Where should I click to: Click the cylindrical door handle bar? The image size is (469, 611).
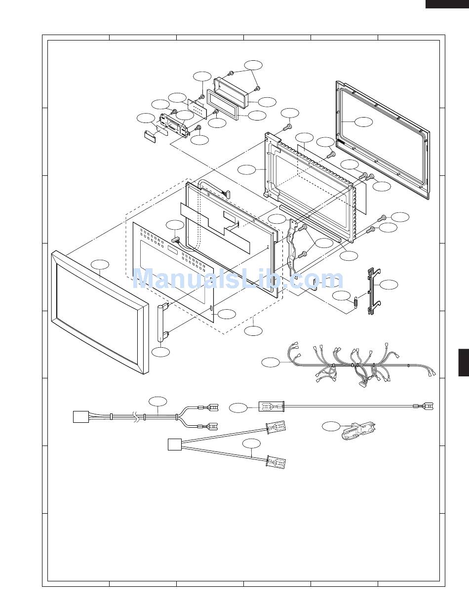[160, 324]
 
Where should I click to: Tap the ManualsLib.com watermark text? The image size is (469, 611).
[238, 279]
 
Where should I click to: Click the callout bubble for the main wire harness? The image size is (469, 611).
[271, 363]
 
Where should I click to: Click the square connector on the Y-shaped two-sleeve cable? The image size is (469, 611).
[174, 445]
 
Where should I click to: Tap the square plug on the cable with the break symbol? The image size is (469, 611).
[81, 417]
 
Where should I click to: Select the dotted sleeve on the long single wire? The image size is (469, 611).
[272, 407]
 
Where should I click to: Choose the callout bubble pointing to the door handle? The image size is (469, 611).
[160, 352]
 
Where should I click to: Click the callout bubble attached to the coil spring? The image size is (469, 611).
[342, 295]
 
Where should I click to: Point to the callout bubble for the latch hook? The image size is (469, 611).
[389, 285]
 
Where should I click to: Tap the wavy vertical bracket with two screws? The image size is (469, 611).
[292, 248]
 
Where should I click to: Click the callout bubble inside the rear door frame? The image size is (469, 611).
[364, 122]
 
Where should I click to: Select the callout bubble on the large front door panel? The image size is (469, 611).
[100, 265]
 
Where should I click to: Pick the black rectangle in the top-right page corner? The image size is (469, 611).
[447, 4]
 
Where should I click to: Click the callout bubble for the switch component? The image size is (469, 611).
[331, 426]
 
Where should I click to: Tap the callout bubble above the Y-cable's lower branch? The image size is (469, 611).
[251, 444]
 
